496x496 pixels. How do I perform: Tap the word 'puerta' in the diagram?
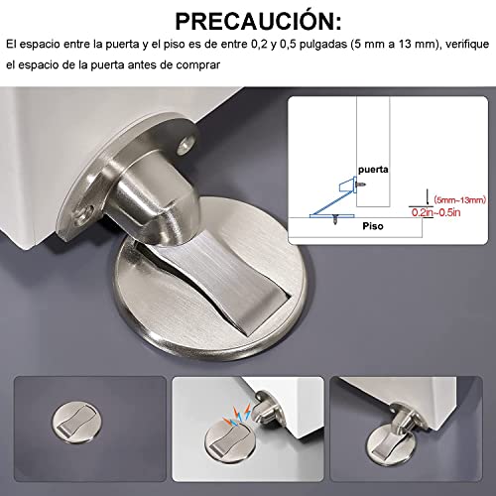pyautogui.click(x=374, y=169)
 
